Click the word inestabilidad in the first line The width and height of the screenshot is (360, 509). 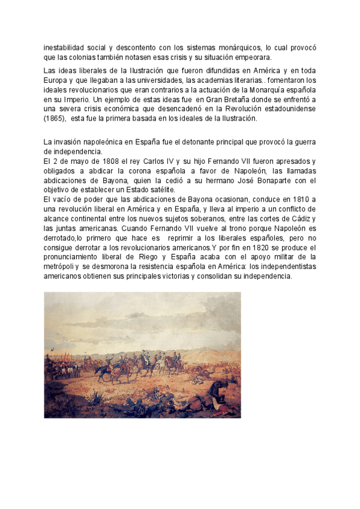tap(64, 47)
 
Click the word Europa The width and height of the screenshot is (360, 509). tap(57, 80)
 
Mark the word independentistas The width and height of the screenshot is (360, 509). tap(283, 267)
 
